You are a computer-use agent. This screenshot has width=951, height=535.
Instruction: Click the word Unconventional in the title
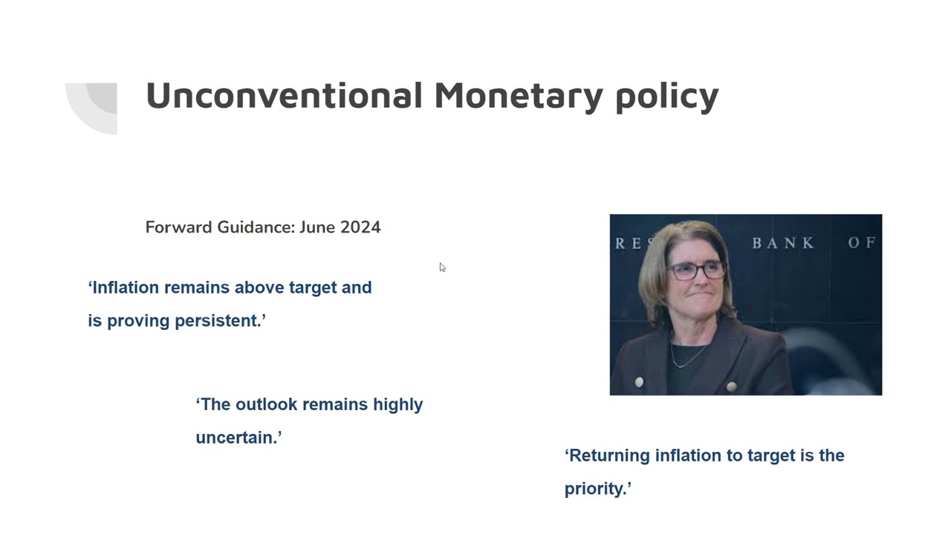tap(284, 96)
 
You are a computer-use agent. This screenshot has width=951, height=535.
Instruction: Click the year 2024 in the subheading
tap(360, 227)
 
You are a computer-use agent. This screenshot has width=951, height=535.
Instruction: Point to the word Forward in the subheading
tap(178, 227)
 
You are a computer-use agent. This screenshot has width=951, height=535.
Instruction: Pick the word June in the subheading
tap(317, 227)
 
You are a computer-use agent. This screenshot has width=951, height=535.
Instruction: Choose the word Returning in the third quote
tap(608, 455)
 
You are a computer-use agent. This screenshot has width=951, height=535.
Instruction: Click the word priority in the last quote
tap(597, 489)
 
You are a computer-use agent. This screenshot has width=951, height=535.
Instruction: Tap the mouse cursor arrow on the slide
tap(442, 267)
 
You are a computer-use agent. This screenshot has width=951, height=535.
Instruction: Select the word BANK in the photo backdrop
tap(783, 243)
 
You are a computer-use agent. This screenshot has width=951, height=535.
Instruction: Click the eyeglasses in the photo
tap(696, 270)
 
